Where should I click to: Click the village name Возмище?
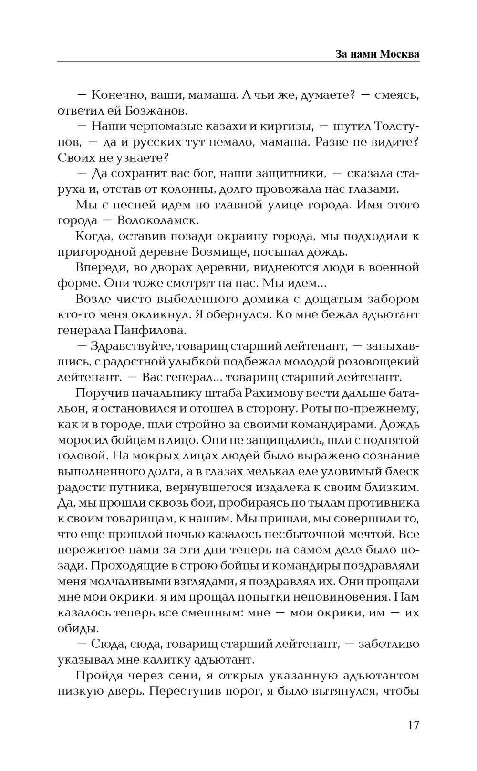[218, 252]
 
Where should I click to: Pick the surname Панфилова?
[151, 331]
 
